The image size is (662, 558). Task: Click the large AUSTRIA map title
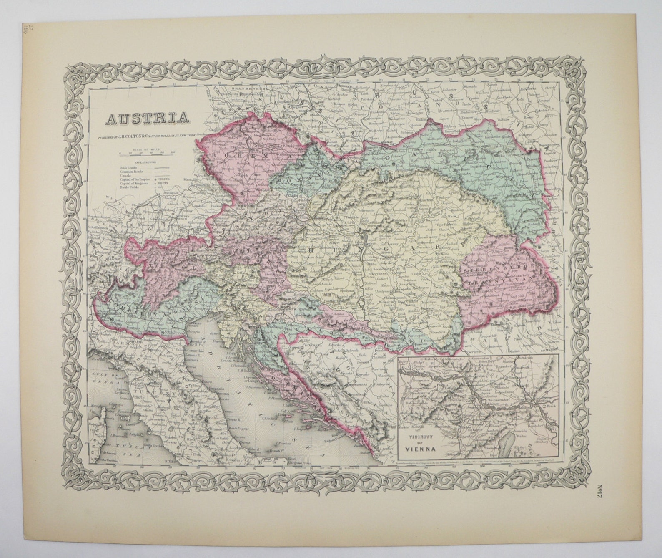click(146, 119)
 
